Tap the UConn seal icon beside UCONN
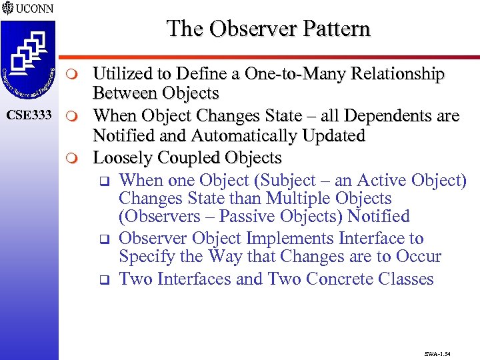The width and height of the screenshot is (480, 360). (x=9, y=8)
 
